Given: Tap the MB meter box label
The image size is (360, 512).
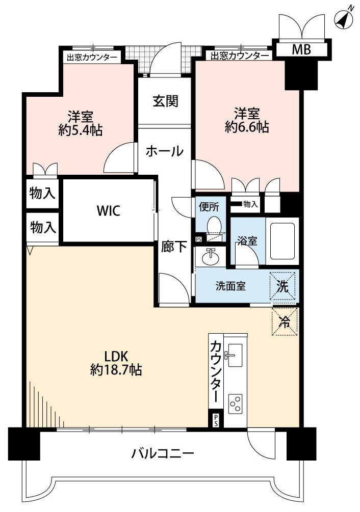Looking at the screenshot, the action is [301, 49].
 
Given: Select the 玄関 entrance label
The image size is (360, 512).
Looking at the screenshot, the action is [166, 101].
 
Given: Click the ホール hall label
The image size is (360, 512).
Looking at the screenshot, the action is [165, 151].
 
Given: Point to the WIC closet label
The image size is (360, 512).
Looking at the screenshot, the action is [109, 210].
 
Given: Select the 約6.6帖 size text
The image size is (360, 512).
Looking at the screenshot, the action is [247, 127].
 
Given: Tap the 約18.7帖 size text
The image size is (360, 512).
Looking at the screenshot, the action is [116, 370].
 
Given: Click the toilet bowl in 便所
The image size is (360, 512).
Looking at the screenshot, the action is [214, 225].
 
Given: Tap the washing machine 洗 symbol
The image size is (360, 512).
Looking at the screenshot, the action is [283, 286].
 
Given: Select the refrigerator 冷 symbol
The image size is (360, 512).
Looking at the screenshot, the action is [285, 322].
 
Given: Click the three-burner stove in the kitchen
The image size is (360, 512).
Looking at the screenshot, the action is [236, 404].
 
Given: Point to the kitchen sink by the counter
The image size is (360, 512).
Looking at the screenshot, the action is [235, 355].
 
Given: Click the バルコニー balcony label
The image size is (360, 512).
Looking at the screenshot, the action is [163, 453].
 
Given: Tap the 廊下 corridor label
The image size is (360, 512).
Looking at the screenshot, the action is [173, 247].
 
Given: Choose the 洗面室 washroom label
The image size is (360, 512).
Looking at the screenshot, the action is [230, 286].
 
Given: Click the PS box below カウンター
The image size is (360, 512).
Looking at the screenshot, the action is [216, 420].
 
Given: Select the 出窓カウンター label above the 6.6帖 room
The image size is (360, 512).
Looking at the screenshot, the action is [240, 56].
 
